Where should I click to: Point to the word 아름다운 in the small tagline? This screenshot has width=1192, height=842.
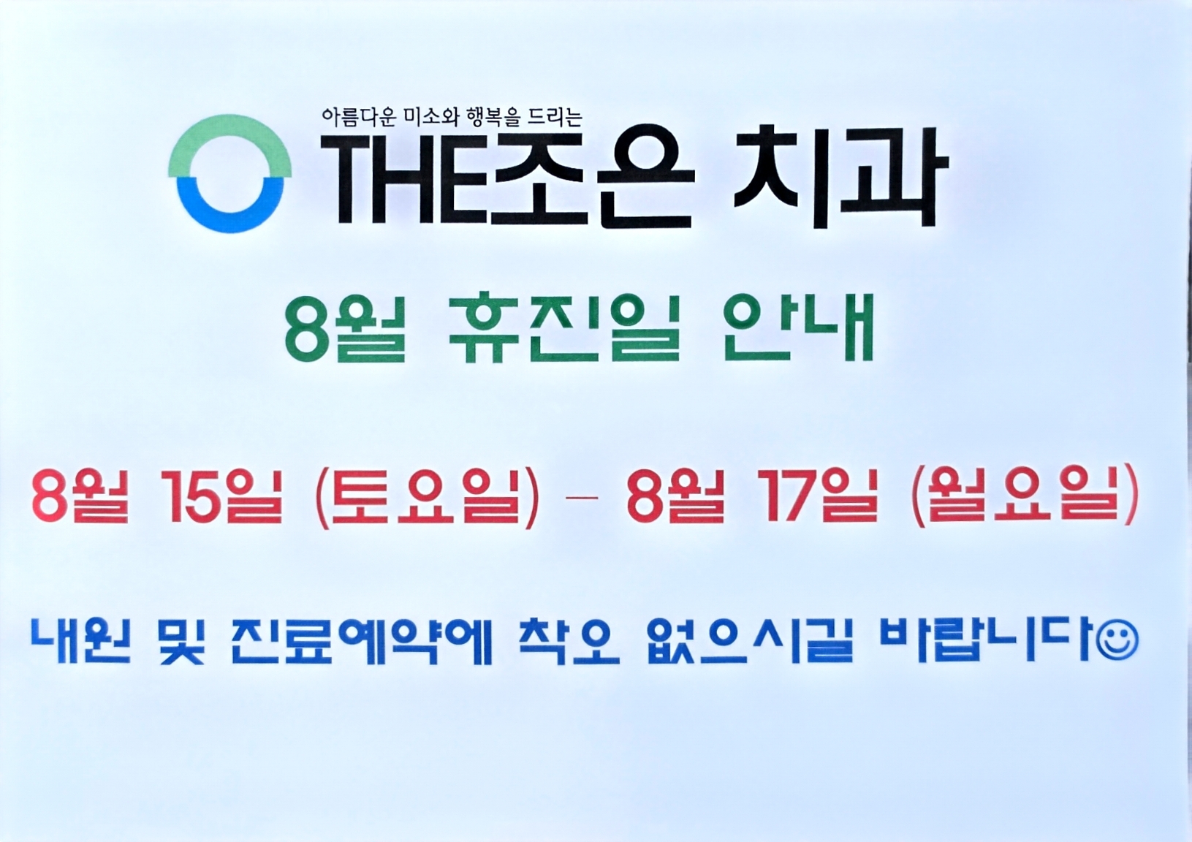[359, 117]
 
